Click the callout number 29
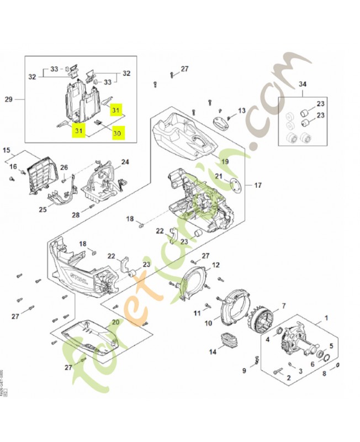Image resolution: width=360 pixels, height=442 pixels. coord(8,99)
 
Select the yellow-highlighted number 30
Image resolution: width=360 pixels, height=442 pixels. coord(117,133)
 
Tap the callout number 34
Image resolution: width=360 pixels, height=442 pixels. coord(302,83)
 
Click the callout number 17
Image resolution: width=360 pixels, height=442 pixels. coord(257,185)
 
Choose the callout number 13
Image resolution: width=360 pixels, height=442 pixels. coord(241,111)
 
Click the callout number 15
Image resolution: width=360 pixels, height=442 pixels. coord(7,150)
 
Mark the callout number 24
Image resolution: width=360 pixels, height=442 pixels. coord(125,162)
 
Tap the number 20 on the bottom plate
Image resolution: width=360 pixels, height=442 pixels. coord(115,322)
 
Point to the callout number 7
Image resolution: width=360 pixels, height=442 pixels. coord(284,306)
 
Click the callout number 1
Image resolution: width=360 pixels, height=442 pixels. coord(325,318)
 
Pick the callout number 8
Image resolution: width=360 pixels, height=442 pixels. coord(324,373)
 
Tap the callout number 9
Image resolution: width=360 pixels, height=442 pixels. coord(243,370)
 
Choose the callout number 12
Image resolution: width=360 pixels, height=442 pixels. coord(216,265)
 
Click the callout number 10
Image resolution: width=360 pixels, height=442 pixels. coord(209,323)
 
